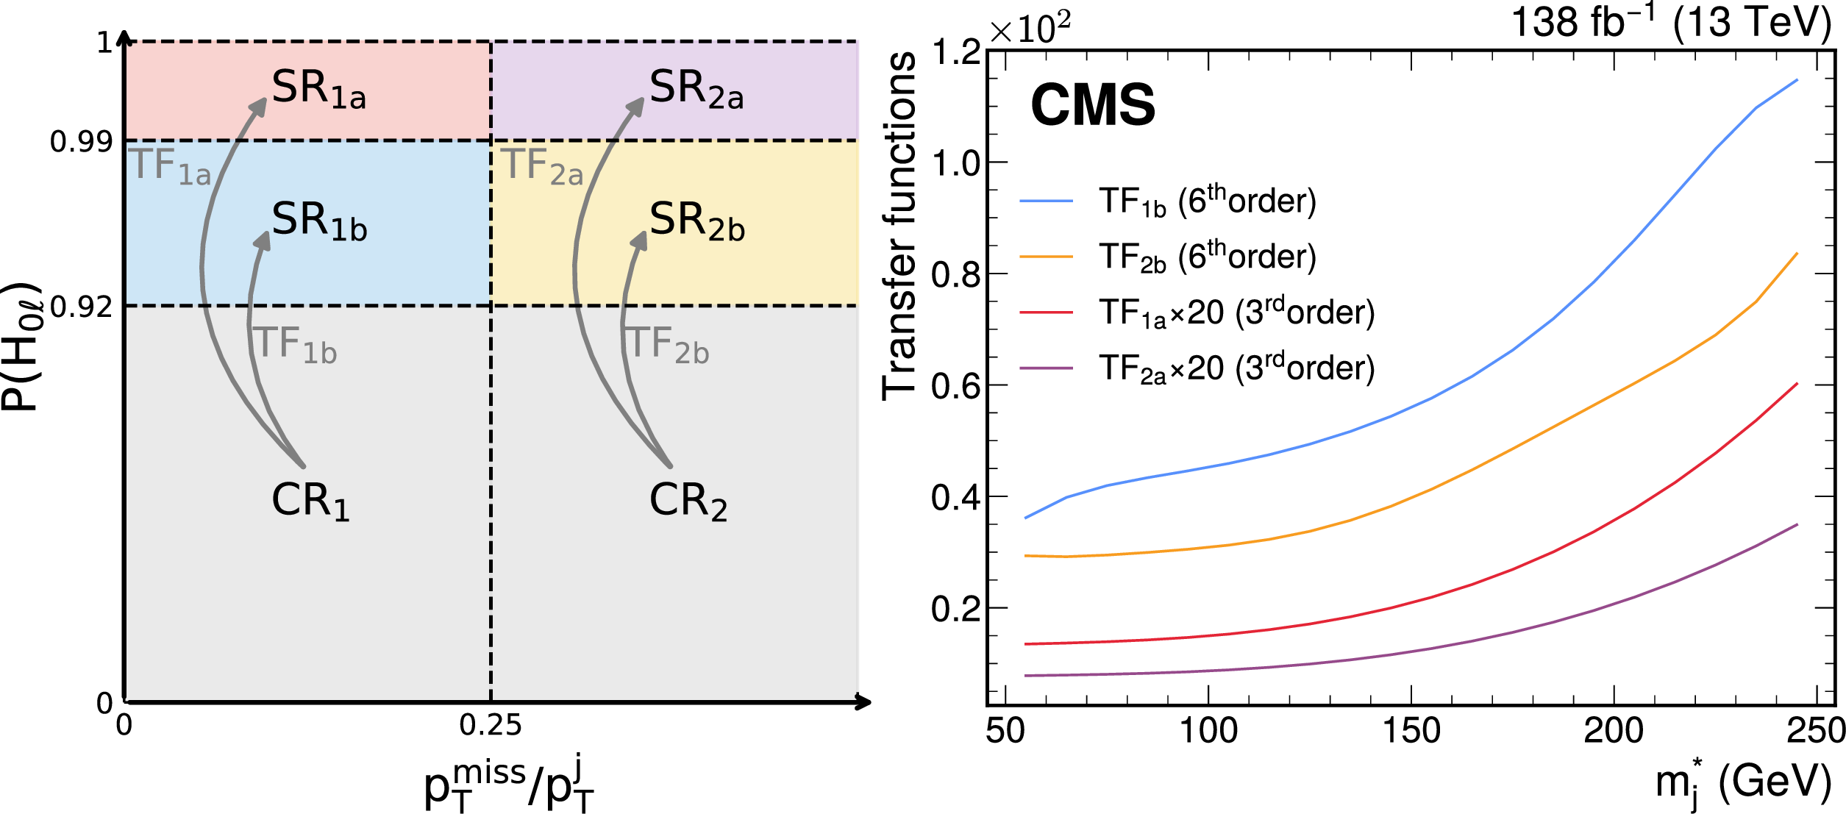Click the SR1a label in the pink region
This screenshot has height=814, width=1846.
point(318,89)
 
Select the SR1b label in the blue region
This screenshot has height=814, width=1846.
point(318,221)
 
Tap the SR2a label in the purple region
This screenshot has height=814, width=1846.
point(696,89)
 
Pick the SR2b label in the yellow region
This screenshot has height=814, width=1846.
point(696,221)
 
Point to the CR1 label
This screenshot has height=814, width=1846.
point(310,501)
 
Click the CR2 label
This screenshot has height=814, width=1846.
point(688,501)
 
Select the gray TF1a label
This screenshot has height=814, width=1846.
point(170,166)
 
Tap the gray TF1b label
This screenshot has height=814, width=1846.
point(295,345)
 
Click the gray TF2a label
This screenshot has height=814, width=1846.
point(542,166)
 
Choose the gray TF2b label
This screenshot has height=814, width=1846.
point(668,345)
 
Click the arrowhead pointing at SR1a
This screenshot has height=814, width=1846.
point(259,106)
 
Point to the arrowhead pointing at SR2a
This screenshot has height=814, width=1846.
point(637,106)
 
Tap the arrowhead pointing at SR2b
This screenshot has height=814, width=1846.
point(640,240)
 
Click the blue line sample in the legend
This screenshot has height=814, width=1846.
point(1046,201)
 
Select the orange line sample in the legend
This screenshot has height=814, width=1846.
point(1046,257)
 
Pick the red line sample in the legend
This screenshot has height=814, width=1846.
point(1046,313)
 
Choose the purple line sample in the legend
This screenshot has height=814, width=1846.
point(1046,368)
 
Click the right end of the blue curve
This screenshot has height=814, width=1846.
point(1797,80)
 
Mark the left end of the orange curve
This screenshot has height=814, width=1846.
point(1026,556)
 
